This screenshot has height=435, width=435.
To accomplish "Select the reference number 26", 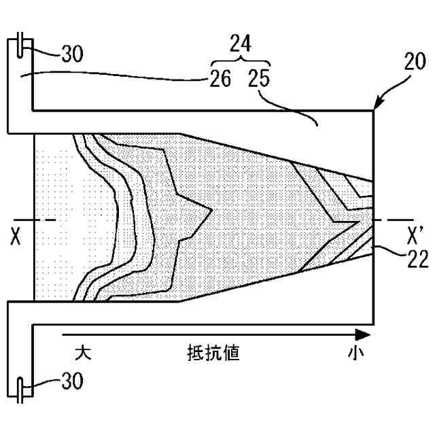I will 220,79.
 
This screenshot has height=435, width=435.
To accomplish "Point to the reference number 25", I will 259,79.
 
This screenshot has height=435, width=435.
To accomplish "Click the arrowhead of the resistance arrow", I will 365,335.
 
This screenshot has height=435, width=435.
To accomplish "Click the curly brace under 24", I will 239,61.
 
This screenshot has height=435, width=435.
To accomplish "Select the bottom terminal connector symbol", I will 23,388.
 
